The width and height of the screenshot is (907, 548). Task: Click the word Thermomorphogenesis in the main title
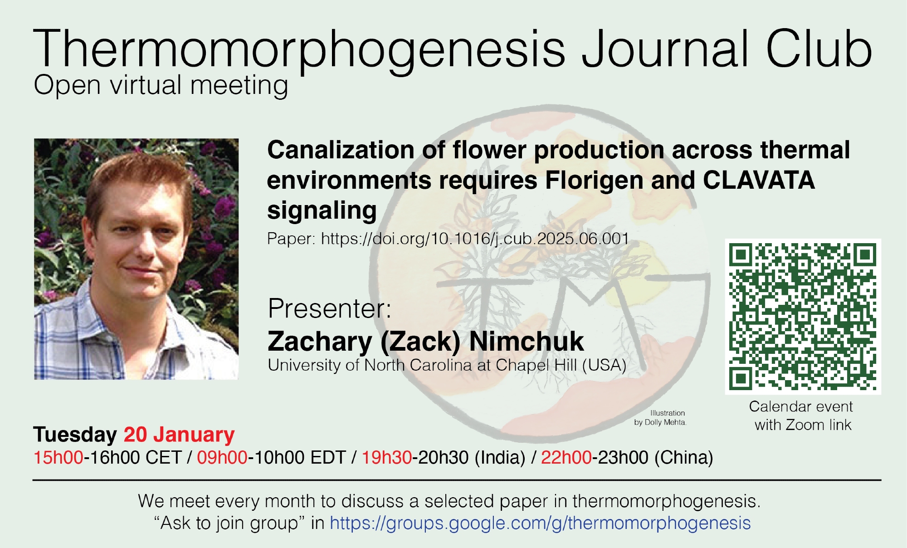[x=299, y=49]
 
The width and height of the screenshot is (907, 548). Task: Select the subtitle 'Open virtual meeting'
[x=161, y=86]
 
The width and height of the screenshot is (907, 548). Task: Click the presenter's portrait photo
[x=136, y=259]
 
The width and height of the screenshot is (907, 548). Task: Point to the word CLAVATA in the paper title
[x=759, y=180]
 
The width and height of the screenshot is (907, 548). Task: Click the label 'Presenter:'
[x=330, y=308]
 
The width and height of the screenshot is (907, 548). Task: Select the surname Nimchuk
[x=527, y=341]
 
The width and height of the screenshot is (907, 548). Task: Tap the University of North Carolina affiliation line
[x=447, y=365]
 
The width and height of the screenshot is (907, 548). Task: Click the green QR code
[x=803, y=317]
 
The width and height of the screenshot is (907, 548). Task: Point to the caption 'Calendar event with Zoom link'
[x=801, y=416]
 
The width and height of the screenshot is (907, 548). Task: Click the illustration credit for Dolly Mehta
[x=660, y=418]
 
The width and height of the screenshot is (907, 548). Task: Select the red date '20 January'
[x=179, y=435]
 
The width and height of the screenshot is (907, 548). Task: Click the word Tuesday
[x=75, y=435]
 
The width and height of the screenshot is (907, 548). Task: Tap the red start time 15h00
[x=59, y=457]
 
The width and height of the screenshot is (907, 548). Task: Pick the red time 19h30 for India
[x=387, y=457]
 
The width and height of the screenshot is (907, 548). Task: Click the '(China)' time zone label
[x=684, y=458]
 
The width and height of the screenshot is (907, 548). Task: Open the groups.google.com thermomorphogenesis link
[x=540, y=523]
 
